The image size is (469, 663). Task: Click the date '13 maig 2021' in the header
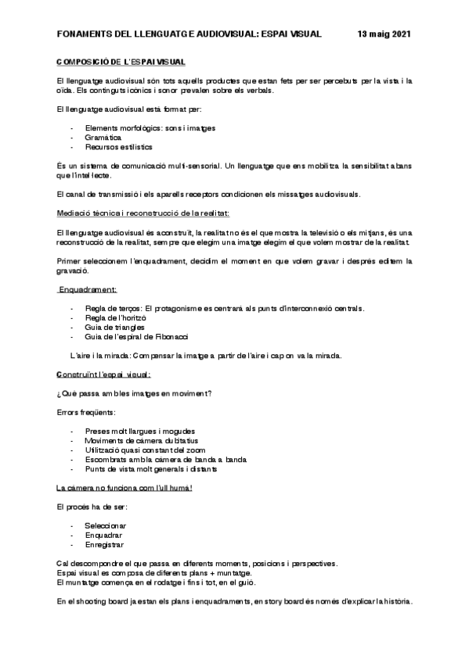click(384, 34)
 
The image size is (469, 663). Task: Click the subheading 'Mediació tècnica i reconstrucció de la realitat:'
click(143, 213)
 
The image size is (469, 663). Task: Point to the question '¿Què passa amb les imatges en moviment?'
click(135, 392)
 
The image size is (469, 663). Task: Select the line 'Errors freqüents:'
click(87, 411)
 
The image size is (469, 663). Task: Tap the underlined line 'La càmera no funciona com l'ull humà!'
click(124, 488)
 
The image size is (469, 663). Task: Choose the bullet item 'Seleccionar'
click(106, 526)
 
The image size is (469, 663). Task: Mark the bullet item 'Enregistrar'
click(104, 545)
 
